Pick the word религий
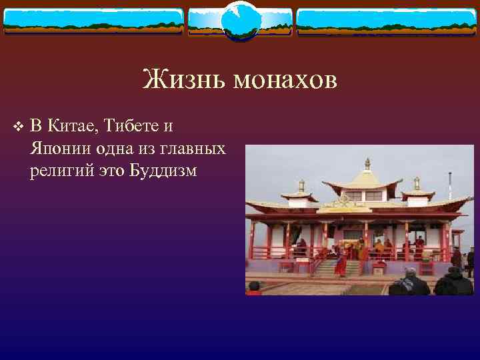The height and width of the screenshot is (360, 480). point(57,171)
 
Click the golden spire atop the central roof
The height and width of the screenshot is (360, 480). point(367,163)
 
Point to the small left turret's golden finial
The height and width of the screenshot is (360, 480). point(301,185)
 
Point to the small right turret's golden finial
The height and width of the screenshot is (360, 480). point(417,182)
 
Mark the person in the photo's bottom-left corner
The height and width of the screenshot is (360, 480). point(253,288)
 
